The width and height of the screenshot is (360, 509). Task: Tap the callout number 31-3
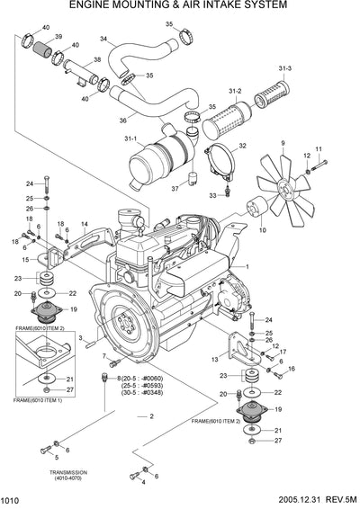click(285, 68)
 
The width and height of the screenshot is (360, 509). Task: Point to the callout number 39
click(58, 37)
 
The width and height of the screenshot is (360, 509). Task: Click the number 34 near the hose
click(103, 39)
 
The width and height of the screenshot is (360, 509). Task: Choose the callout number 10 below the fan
click(263, 230)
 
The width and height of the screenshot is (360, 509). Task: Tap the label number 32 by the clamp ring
click(242, 146)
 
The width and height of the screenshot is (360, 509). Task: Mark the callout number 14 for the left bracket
click(84, 223)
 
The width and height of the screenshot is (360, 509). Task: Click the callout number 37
click(175, 188)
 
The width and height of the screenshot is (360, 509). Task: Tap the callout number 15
click(27, 260)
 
